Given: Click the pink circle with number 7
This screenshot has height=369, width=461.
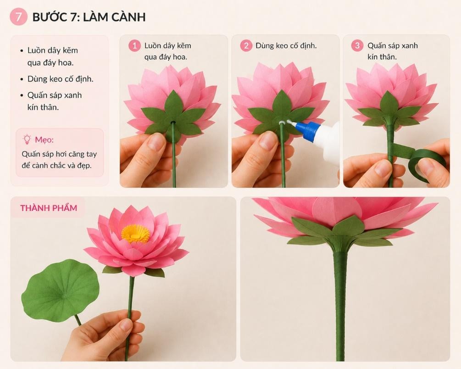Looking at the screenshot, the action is [x=18, y=17].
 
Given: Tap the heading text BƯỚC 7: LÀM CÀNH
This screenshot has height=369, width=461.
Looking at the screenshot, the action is [x=89, y=17].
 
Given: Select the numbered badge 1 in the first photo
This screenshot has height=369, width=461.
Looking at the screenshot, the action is [x=135, y=45].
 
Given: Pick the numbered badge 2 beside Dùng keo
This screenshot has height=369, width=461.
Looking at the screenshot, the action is [x=246, y=45].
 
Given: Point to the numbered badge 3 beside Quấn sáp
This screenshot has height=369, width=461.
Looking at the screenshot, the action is [x=357, y=45].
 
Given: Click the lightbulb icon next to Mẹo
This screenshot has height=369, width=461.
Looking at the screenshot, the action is [x=27, y=139].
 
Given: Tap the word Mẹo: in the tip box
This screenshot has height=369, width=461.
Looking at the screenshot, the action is [x=44, y=140].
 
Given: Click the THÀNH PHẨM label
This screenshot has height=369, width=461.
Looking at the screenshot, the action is [x=49, y=208].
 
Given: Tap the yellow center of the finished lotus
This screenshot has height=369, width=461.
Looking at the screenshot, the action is [x=135, y=234].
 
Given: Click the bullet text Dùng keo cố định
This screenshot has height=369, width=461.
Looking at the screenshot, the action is [x=60, y=79].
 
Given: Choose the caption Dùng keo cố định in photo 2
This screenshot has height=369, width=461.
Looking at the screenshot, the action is [x=286, y=45].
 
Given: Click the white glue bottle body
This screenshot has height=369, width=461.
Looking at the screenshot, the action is [x=329, y=141].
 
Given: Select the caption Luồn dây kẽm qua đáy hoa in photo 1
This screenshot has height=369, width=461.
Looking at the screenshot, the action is [x=167, y=51].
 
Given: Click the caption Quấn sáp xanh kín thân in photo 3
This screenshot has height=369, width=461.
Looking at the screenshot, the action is [x=393, y=51].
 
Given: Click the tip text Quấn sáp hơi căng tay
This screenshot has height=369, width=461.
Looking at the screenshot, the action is [x=59, y=154].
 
